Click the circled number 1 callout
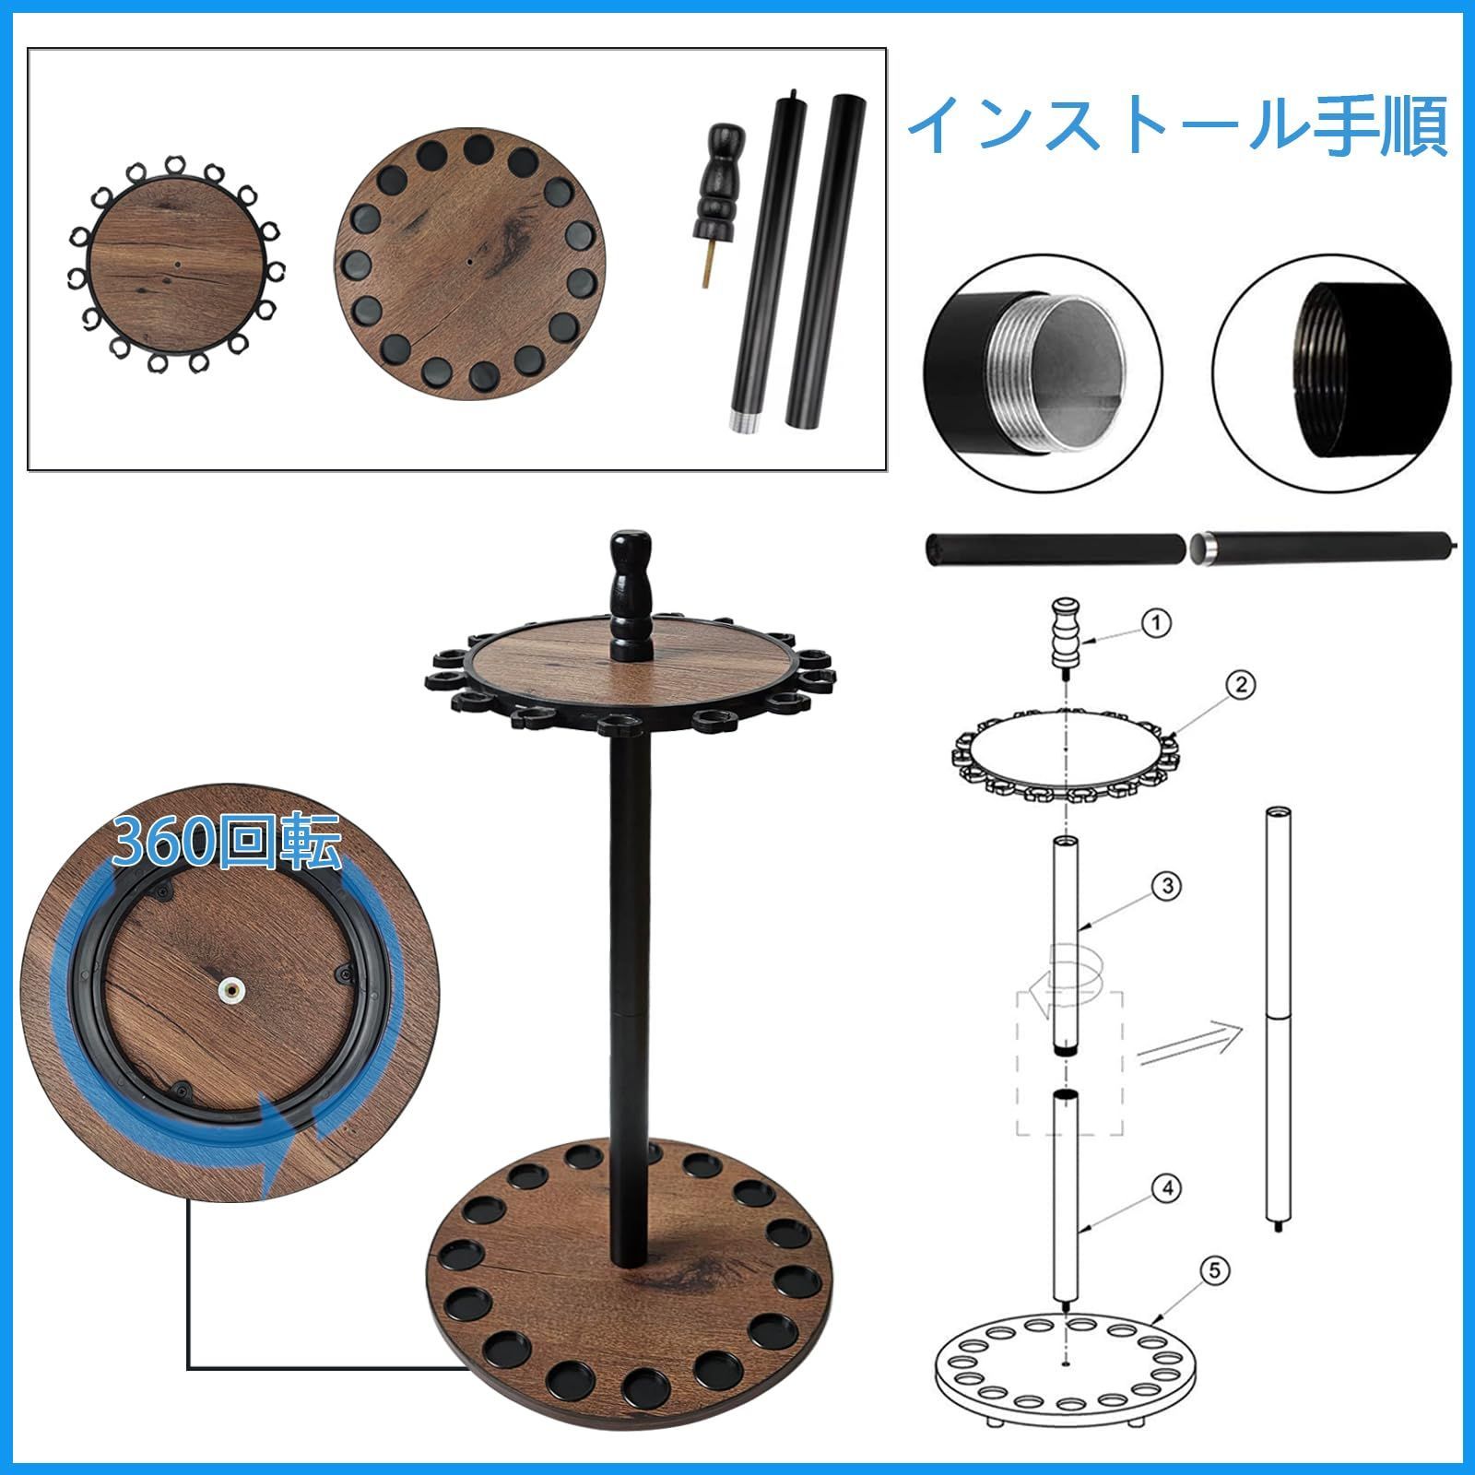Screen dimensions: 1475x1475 coord(1156,624)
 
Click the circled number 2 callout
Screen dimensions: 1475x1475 coord(1241,685)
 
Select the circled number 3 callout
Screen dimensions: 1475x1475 coord(1167,886)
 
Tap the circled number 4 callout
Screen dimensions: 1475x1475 coord(1167,1188)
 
